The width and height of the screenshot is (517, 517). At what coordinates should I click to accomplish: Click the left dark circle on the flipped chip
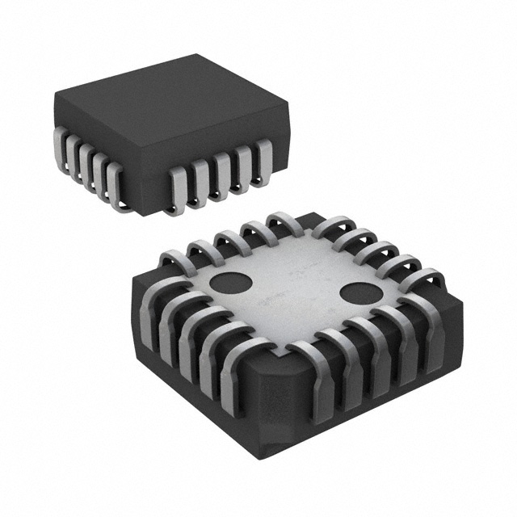pyautogui.click(x=230, y=285)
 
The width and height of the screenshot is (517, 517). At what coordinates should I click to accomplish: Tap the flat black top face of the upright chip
pyautogui.click(x=170, y=109)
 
